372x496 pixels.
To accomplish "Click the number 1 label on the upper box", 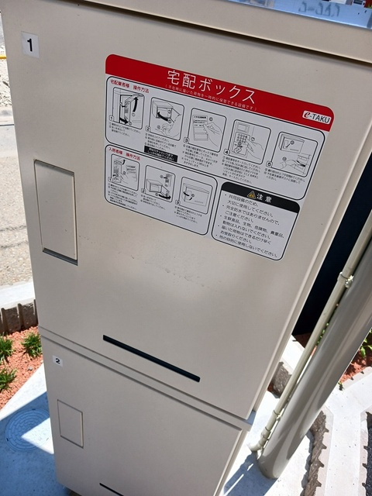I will [x=30, y=45].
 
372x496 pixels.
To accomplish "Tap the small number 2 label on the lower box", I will [x=57, y=360].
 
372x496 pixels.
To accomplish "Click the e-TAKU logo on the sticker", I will [x=316, y=118].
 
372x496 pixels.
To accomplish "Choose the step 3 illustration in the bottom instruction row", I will [x=196, y=194].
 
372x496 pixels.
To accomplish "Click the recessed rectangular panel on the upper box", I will [x=56, y=211].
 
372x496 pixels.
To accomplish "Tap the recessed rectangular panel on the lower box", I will [x=70, y=423].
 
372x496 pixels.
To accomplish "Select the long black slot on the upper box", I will [x=151, y=357].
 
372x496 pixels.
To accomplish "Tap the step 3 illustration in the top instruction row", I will [x=207, y=129].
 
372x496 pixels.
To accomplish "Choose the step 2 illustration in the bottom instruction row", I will [x=160, y=183].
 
